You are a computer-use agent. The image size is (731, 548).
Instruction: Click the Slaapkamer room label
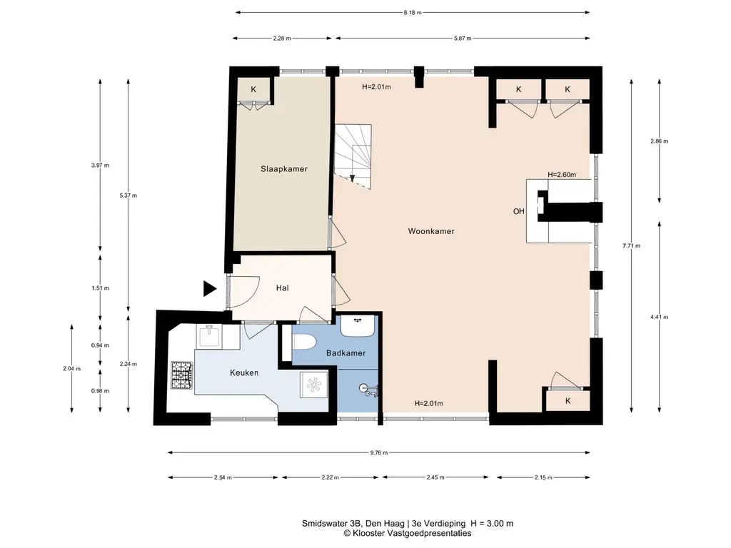284,169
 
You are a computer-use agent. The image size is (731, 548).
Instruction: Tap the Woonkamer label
431,231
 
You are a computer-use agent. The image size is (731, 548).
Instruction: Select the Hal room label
282,288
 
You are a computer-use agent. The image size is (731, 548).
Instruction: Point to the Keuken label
244,372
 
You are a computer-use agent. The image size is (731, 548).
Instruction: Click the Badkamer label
346,353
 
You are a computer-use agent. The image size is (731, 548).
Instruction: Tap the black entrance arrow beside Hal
210,289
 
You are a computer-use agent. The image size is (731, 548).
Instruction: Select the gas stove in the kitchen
182,375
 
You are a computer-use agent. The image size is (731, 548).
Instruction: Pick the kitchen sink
209,337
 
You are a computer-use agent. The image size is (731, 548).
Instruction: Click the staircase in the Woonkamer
353,156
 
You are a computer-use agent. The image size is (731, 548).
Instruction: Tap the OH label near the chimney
519,211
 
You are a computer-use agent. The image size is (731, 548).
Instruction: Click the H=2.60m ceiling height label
562,175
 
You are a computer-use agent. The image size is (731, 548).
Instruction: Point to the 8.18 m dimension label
413,13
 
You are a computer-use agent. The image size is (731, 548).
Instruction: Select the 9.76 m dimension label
379,452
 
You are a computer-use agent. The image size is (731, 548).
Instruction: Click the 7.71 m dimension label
631,245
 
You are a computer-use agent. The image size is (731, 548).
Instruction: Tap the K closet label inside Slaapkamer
253,89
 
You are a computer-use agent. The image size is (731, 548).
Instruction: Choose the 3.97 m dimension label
100,165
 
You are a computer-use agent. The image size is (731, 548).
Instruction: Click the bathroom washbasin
358,325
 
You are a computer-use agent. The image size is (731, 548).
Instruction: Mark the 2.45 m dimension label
435,477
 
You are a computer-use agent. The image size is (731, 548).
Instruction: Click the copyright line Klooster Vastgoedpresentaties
408,533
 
